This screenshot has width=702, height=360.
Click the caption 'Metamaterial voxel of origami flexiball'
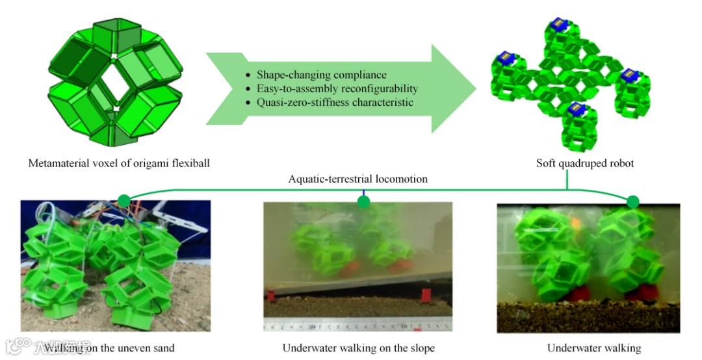[118, 163]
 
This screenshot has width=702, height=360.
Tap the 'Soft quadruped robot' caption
[585, 163]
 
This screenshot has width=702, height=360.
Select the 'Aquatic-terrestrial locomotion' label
[358, 179]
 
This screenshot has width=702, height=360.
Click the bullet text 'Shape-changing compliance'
[321, 75]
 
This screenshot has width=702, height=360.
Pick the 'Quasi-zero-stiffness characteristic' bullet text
[335, 102]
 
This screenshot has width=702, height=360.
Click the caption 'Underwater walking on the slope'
[358, 348]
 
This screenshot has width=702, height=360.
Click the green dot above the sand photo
[123, 199]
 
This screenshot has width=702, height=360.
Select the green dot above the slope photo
[363, 202]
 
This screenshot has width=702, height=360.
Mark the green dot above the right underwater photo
[632, 201]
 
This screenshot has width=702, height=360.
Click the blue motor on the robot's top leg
[558, 25]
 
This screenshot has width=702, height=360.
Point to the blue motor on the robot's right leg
[628, 75]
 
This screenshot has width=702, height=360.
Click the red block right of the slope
[426, 296]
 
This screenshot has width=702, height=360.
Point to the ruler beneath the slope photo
[358, 325]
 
